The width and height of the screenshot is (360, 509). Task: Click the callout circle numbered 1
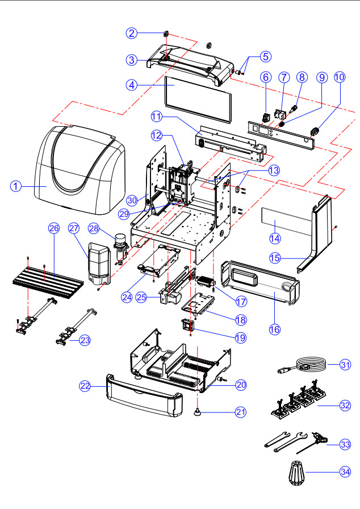(16, 185)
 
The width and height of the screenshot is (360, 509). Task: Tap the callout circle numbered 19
(240, 337)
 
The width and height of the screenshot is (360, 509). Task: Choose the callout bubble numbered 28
(95, 228)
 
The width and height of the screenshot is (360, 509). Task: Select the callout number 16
(274, 328)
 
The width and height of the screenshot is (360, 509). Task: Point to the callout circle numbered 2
(132, 33)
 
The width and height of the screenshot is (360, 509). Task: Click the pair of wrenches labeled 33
(287, 440)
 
